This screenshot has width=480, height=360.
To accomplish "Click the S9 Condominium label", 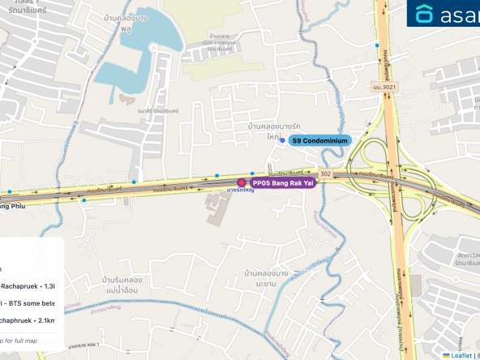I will pyautogui.click(x=320, y=140).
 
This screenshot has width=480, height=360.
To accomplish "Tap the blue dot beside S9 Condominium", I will pyautogui.click(x=282, y=140).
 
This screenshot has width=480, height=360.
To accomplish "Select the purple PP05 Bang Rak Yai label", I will pyautogui.click(x=282, y=183).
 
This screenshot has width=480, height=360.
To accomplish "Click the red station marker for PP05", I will pyautogui.click(x=241, y=183).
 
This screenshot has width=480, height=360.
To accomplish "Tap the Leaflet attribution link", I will pyautogui.click(x=461, y=355).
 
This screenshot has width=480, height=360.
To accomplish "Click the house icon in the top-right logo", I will pyautogui.click(x=425, y=14).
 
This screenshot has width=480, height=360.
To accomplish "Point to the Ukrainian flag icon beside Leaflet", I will pyautogui.click(x=447, y=355).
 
